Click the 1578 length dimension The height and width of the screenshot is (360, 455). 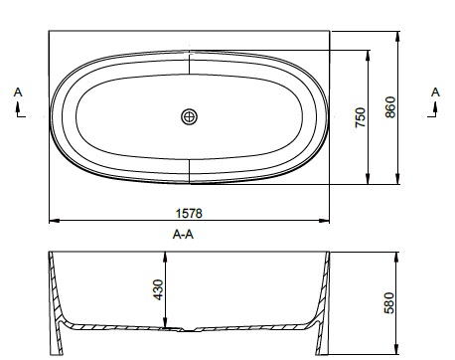pyautogui.click(x=189, y=213)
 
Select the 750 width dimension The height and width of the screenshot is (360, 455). pyautogui.click(x=361, y=117)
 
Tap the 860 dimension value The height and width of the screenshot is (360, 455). pyautogui.click(x=390, y=106)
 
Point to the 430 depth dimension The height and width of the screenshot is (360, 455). pyautogui.click(x=158, y=289)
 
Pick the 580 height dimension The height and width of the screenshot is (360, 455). pyautogui.click(x=389, y=302)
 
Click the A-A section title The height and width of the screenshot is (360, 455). pyautogui.click(x=183, y=235)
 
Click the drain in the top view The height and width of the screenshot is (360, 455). pyautogui.click(x=190, y=116)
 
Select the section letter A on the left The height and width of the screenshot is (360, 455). pyautogui.click(x=18, y=92)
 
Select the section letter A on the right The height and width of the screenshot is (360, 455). pyautogui.click(x=435, y=92)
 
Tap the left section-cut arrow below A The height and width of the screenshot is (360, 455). pyautogui.click(x=19, y=110)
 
